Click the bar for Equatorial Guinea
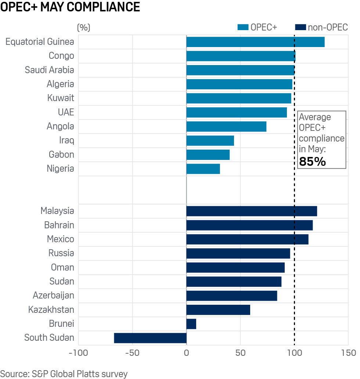pos(255,42)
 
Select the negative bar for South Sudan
pos(150,338)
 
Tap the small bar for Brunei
pos(191,324)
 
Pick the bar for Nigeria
pos(203,169)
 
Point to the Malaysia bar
pos(252,211)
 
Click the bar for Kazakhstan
pos(218,310)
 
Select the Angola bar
pos(226,126)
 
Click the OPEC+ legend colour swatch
pos(243,28)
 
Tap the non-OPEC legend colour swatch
pos(300,28)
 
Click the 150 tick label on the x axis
pos(348,353)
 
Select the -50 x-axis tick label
pos(132,353)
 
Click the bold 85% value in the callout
pos(313,161)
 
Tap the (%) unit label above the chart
pos(83,28)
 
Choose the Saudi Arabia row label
pos(49,70)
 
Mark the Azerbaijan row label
pos(53,295)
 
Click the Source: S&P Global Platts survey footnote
pos(64,374)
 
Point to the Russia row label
pos(61,253)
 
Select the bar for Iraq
pos(210,140)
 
